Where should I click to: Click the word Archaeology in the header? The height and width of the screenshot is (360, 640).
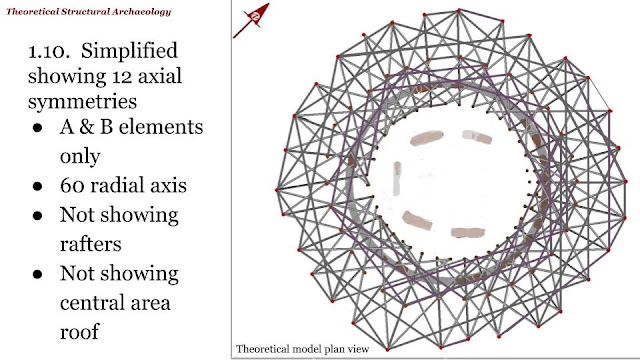[141, 12]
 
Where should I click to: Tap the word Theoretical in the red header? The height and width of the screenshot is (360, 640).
[32, 11]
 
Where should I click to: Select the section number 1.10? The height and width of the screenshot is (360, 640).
[45, 51]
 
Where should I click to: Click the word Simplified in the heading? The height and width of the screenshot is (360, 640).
[129, 51]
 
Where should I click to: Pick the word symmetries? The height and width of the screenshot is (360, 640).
[82, 101]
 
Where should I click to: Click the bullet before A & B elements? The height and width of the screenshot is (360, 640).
[38, 128]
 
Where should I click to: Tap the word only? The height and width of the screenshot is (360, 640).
[80, 156]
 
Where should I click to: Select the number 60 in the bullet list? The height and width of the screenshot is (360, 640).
[72, 186]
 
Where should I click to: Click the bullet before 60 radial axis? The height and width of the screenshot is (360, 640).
[38, 187]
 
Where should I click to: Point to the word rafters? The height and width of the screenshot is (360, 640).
[91, 244]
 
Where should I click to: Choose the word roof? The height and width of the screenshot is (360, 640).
[80, 331]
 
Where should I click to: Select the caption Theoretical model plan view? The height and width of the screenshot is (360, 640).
[302, 349]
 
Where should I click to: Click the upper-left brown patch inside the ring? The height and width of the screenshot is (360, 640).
[427, 138]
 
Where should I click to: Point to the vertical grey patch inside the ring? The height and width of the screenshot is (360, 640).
[397, 178]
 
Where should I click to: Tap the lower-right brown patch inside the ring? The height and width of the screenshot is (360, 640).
[468, 233]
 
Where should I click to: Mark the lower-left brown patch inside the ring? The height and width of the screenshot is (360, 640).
[417, 220]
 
